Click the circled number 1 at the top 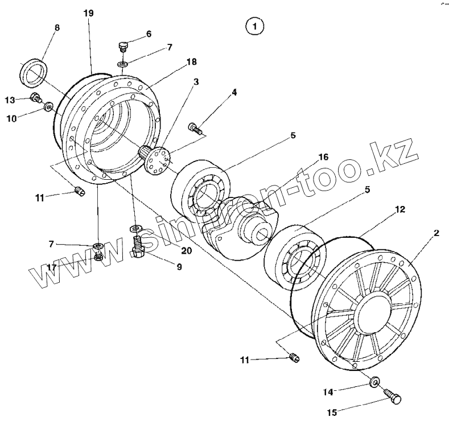click(254, 26)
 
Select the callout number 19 click(88, 13)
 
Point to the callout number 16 click(323, 156)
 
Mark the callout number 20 click(186, 250)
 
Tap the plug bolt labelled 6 click(123, 45)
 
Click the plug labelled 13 click(36, 98)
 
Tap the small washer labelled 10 click(49, 106)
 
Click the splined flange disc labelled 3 click(157, 159)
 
